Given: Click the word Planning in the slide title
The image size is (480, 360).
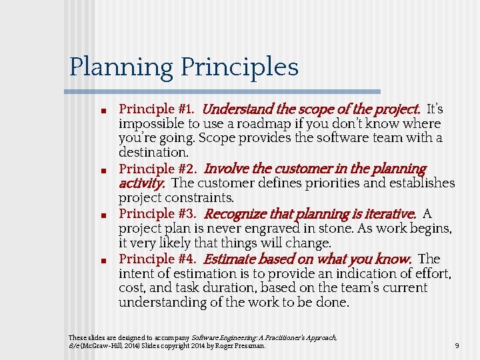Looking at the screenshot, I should [x=121, y=67].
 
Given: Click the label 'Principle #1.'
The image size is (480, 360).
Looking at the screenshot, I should [x=157, y=109].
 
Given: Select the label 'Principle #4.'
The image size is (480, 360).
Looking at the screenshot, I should [x=157, y=259].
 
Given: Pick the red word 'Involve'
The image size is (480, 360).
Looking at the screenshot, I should [x=225, y=169].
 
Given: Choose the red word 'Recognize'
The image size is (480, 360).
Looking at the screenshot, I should [x=235, y=214].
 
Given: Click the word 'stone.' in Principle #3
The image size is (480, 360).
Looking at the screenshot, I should [x=329, y=229].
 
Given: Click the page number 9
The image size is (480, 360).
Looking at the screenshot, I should [x=457, y=346].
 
